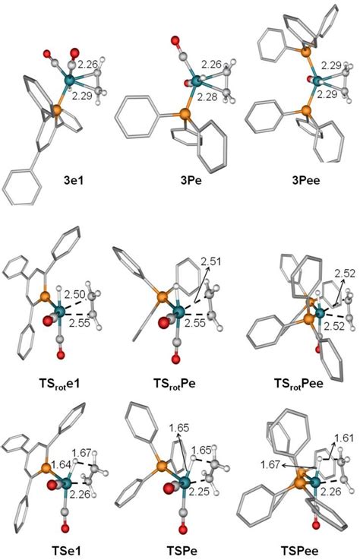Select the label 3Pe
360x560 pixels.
191,179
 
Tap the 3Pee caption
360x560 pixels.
306,179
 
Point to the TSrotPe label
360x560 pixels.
175,384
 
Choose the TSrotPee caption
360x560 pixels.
298,384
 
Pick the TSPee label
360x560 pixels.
299,550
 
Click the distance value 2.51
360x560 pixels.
210,262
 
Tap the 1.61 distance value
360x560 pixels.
343,438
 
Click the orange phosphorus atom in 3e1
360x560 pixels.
56,109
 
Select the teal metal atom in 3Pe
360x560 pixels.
196,81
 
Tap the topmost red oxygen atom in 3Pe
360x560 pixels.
175,40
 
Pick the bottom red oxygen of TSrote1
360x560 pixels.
61,355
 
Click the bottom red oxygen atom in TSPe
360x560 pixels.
183,529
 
